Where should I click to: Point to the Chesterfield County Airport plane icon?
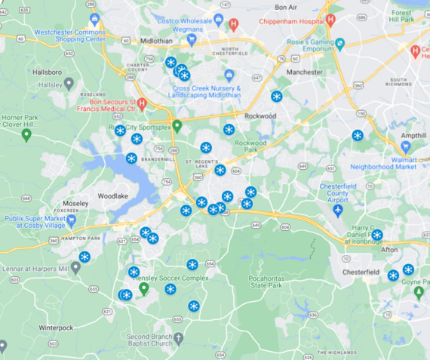click(x=337, y=210)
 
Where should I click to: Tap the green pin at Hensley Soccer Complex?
click(x=143, y=288)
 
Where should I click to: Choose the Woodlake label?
click(x=114, y=195)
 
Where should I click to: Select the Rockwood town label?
click(x=260, y=116)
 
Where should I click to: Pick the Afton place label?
click(x=389, y=249)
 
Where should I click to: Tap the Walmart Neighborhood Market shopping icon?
click(x=405, y=146)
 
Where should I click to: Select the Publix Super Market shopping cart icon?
click(x=72, y=222)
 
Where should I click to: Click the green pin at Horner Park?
click(x=26, y=135)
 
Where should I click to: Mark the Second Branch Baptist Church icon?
click(x=178, y=337)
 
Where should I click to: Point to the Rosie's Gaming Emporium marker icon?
click(x=340, y=43)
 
